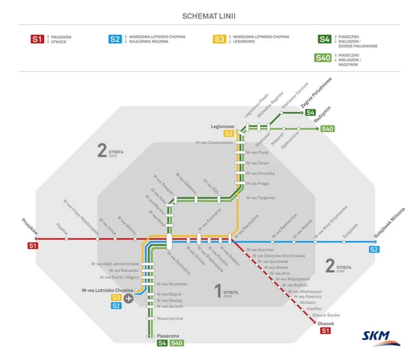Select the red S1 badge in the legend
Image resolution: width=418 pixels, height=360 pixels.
(37, 39)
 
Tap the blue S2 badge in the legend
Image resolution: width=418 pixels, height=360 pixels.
(115, 39)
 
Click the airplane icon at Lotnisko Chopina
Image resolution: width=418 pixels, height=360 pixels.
(128, 298)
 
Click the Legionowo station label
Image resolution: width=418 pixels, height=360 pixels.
(223, 126)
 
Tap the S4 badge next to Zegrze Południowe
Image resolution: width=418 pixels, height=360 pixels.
(310, 112)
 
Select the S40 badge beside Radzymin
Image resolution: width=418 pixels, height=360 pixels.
(327, 129)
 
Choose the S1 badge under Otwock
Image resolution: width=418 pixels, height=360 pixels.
(325, 331)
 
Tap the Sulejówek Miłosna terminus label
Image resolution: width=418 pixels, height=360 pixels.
(389, 223)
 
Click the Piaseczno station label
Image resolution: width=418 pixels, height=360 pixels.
(168, 335)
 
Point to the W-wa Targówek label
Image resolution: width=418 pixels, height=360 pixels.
(261, 198)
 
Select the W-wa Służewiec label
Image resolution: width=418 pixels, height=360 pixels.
(172, 284)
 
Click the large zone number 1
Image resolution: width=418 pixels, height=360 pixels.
(217, 291)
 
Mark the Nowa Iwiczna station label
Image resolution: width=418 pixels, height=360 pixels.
(170, 319)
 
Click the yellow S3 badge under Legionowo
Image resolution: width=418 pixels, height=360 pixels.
(229, 134)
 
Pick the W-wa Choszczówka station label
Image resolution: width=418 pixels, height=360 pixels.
(214, 143)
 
